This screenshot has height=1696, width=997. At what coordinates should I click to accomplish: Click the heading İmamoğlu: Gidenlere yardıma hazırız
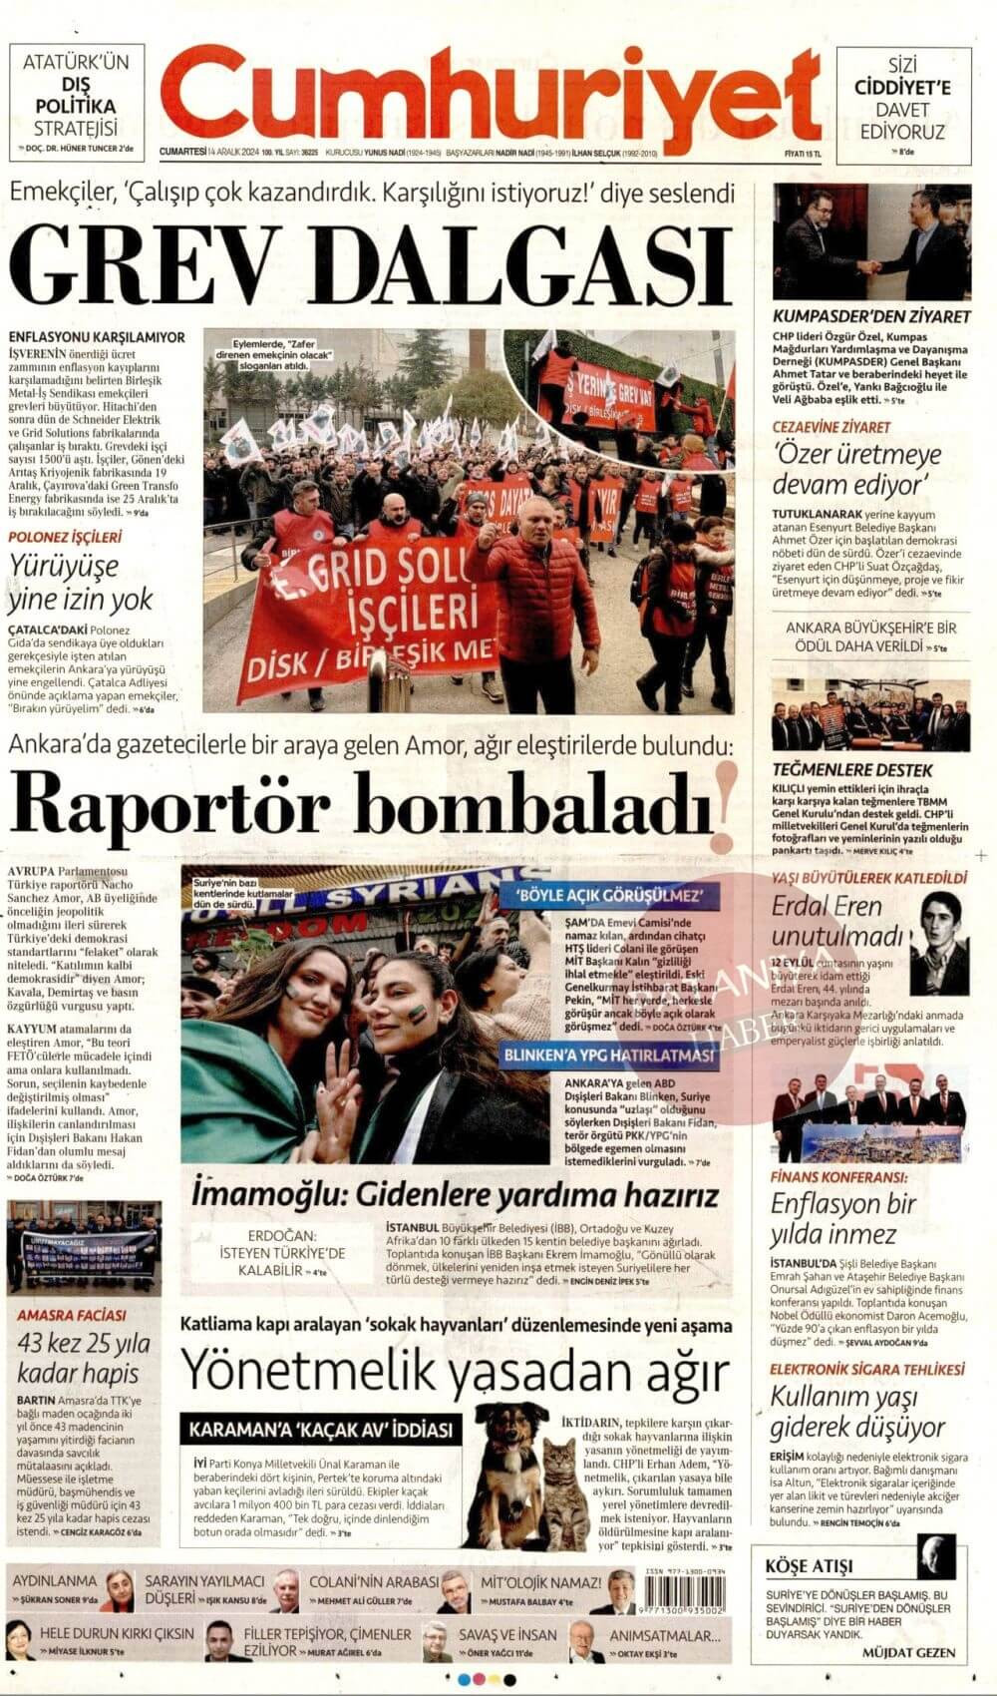pyautogui.click(x=456, y=1194)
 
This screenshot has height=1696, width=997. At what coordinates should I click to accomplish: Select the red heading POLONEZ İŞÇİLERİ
pyautogui.click(x=65, y=537)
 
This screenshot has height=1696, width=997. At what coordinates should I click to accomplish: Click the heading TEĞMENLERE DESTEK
pyautogui.click(x=852, y=770)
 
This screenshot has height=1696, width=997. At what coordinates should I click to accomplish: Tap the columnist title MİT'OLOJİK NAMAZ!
pyautogui.click(x=541, y=1582)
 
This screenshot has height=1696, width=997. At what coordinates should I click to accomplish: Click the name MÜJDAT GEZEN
pyautogui.click(x=908, y=1652)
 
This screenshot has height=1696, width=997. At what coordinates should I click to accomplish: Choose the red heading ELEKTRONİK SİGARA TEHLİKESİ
pyautogui.click(x=866, y=1369)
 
